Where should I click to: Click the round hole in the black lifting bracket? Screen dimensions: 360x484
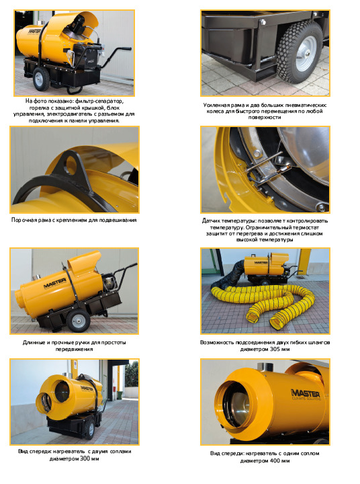pos(71,165)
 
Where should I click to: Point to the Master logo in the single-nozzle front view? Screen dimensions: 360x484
pos(306,393)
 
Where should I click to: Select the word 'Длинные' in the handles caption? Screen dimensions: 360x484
pos(34,343)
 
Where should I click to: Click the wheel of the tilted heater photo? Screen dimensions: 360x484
pos(79,321)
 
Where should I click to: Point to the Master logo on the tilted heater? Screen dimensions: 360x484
pos(55,283)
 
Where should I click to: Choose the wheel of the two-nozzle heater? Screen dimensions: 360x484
pos(91,429)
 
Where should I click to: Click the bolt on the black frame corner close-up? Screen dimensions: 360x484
pos(263,22)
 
